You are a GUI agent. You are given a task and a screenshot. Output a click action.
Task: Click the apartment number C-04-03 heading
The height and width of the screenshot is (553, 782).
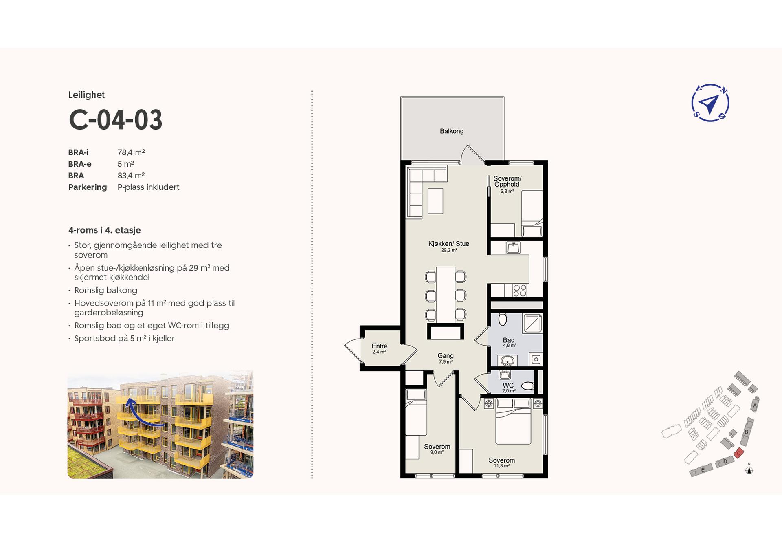(x=116, y=120)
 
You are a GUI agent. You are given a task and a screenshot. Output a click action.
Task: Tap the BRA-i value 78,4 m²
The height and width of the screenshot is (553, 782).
(x=131, y=152)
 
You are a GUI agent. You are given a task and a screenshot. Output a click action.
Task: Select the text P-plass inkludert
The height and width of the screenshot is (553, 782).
(x=148, y=187)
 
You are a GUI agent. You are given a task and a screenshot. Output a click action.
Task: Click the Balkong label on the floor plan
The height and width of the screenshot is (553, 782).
(x=452, y=131)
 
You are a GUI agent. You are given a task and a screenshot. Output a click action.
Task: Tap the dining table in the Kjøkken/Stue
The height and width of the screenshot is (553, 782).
(x=446, y=294)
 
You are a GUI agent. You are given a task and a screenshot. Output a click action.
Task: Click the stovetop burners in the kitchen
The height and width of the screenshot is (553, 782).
(x=520, y=291)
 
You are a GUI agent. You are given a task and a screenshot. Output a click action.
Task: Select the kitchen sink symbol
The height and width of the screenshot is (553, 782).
(x=513, y=247)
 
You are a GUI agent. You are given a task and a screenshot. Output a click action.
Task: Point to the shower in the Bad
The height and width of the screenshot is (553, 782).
(x=533, y=324)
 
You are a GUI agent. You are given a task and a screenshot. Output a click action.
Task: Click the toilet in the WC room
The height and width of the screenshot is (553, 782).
(x=527, y=386)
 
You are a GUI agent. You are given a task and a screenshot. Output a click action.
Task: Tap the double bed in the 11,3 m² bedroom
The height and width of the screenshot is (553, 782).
(x=513, y=426)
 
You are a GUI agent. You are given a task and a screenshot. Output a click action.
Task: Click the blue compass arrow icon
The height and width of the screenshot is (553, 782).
(x=710, y=103)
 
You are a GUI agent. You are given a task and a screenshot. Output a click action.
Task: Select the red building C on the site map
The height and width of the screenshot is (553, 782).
(x=739, y=453)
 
